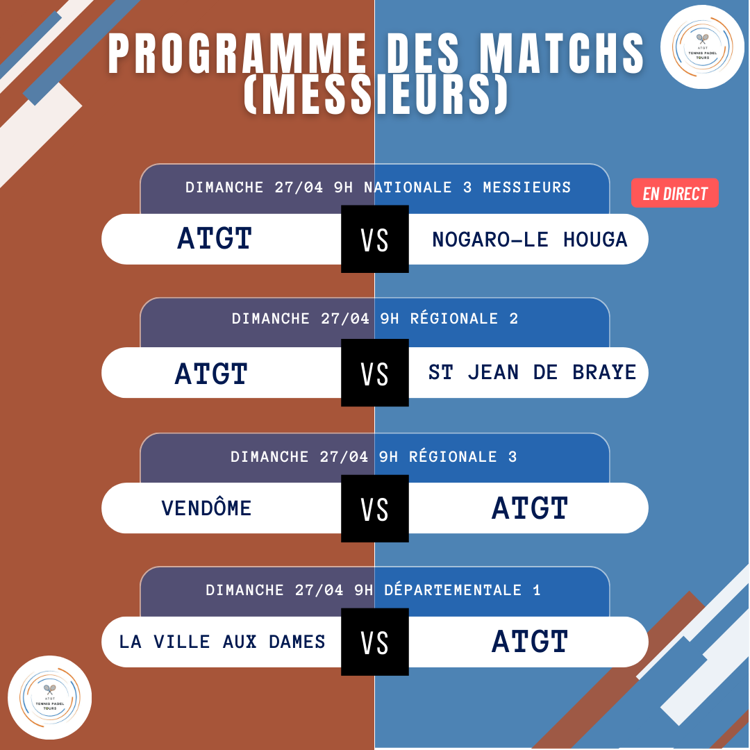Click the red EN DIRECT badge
(674, 193)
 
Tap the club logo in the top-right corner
(702, 47)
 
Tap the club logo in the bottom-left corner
(50, 697)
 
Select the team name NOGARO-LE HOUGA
(529, 239)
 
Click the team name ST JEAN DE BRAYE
(532, 372)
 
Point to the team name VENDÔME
(206, 507)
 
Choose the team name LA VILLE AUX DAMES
(222, 642)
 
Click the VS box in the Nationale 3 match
(375, 239)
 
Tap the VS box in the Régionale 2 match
(375, 373)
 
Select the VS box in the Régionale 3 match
(375, 508)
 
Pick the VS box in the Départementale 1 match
(375, 642)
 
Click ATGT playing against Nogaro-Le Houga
(215, 238)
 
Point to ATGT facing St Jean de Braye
(211, 374)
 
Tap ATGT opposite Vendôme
(530, 508)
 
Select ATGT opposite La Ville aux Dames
(530, 642)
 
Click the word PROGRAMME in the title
(237, 53)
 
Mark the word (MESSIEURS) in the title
(376, 94)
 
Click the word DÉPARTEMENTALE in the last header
(453, 590)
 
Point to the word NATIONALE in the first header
(408, 187)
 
